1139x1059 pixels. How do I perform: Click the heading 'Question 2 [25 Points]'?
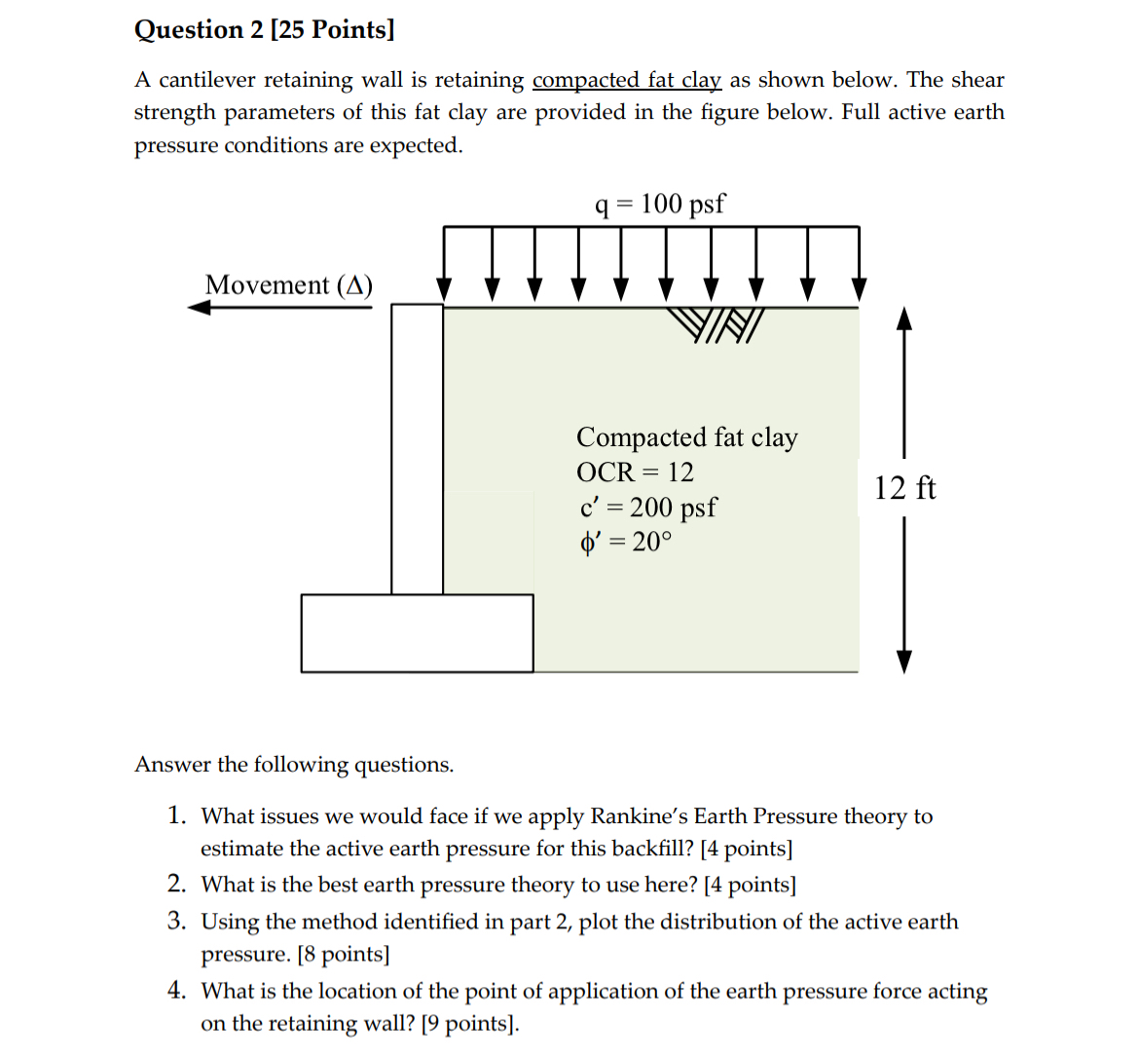(264, 29)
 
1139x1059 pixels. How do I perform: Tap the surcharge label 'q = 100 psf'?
(659, 204)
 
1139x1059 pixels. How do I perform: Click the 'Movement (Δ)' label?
(288, 285)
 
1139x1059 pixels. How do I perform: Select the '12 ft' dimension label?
(904, 488)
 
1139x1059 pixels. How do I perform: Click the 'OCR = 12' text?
(635, 473)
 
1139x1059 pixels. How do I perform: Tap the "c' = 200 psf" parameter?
(647, 508)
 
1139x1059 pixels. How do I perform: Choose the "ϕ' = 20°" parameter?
(625, 542)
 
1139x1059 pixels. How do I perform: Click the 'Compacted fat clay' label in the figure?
(686, 437)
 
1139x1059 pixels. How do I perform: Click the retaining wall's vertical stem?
(417, 448)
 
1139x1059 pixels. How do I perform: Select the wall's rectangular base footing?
(417, 633)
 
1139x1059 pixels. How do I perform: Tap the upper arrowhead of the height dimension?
(904, 320)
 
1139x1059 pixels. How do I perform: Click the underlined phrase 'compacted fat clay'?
(626, 80)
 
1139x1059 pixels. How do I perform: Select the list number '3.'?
(176, 921)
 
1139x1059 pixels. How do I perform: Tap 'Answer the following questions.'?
(294, 765)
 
